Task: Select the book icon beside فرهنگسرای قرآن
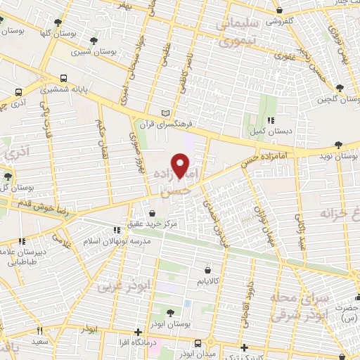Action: pyautogui.click(x=166, y=112)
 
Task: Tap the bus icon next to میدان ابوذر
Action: pyautogui.click(x=198, y=344)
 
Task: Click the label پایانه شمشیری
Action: pyautogui.click(x=64, y=89)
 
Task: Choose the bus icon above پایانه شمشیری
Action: pyautogui.click(x=64, y=79)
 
